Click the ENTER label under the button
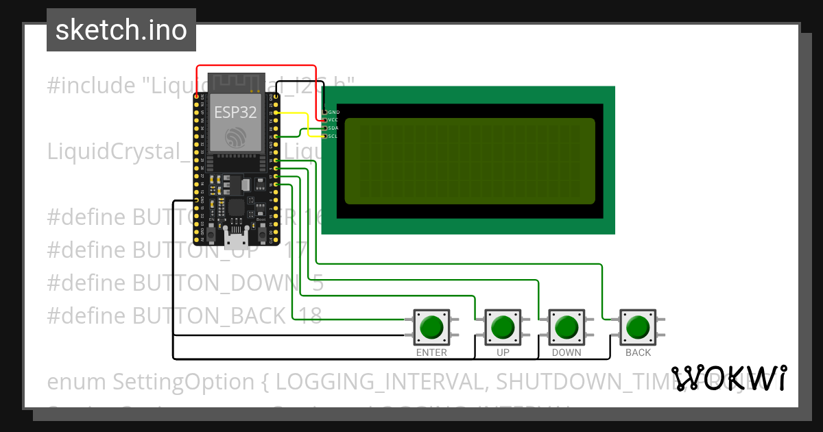(x=431, y=352)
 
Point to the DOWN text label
(x=566, y=352)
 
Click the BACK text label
(x=639, y=352)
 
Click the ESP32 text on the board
(x=235, y=112)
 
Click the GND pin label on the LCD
(x=334, y=112)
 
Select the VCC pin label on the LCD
(x=334, y=120)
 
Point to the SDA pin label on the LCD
(x=334, y=128)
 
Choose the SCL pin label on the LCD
(x=334, y=136)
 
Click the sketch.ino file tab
(x=121, y=30)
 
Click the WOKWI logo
(x=728, y=379)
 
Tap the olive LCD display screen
(x=470, y=161)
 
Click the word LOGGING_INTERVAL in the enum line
(x=379, y=381)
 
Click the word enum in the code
(x=76, y=381)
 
